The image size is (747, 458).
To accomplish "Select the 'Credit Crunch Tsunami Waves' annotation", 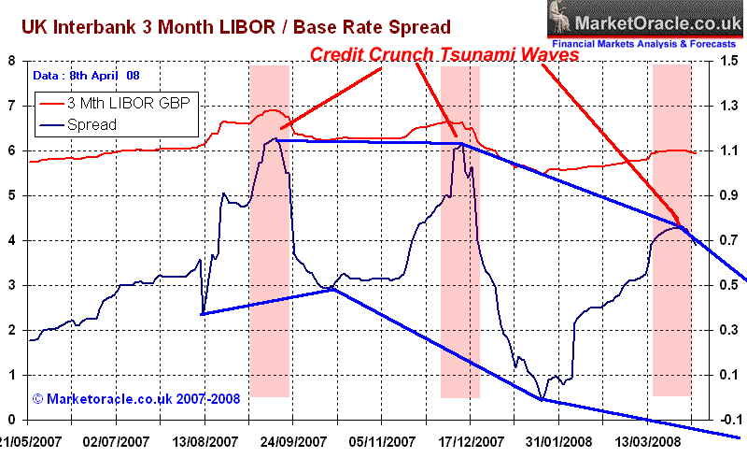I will point(444,55).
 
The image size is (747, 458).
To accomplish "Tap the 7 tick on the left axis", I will point(13,106).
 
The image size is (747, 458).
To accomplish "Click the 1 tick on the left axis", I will point(13,375).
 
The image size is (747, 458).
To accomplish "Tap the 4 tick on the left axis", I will point(13,240).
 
